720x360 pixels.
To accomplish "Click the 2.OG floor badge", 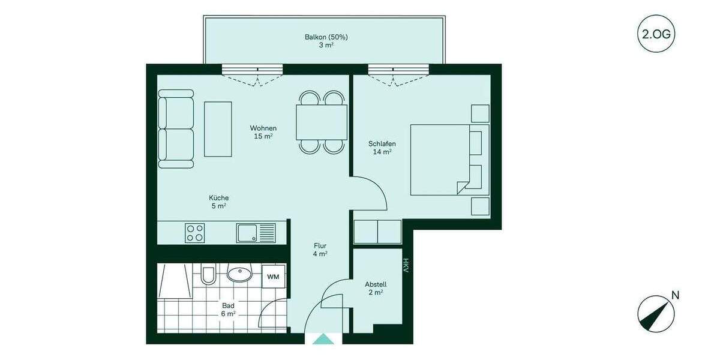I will (656, 34).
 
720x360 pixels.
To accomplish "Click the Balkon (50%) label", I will (326, 41).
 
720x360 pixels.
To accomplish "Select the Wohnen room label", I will (263, 132).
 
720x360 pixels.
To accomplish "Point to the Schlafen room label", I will (382, 148).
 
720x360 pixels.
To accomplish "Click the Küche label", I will (218, 202).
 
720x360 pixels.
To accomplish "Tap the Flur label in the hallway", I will (320, 250).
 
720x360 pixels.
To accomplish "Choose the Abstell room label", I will (376, 288).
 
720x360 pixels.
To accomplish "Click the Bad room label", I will (228, 309).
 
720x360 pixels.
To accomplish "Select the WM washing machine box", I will (273, 277).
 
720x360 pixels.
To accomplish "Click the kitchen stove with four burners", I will (195, 233).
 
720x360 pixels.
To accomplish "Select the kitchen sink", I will (256, 233).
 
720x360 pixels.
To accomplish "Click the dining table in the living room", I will (321, 122).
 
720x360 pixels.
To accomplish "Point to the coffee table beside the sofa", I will (218, 129).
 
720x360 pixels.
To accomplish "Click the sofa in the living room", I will (175, 129).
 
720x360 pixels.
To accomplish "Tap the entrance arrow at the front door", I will (324, 339).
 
